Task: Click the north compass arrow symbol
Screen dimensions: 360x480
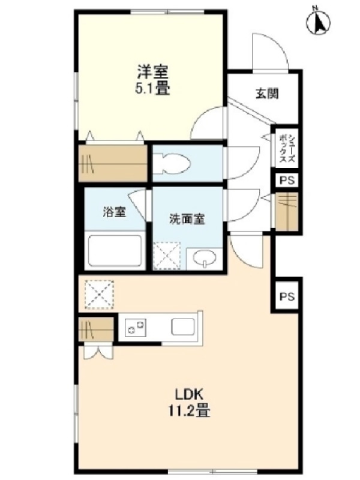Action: pyautogui.click(x=319, y=21)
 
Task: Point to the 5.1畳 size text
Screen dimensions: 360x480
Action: pyautogui.click(x=152, y=88)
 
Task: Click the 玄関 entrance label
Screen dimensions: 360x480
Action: pyautogui.click(x=267, y=94)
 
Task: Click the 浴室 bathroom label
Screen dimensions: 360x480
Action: pyautogui.click(x=114, y=212)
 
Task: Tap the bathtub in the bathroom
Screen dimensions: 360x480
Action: pyautogui.click(x=115, y=250)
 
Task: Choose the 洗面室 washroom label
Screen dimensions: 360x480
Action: pyautogui.click(x=187, y=219)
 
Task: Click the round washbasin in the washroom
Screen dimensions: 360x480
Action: pyautogui.click(x=205, y=258)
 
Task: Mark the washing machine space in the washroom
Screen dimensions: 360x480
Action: pyautogui.click(x=167, y=256)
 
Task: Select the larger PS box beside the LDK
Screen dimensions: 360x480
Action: pyautogui.click(x=287, y=296)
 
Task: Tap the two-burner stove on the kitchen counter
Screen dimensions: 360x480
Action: pyautogui.click(x=136, y=328)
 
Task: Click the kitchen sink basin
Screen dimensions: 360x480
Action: pyautogui.click(x=183, y=326)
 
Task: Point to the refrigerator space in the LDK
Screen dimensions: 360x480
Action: pyautogui.click(x=99, y=294)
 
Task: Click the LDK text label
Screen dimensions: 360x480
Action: pyautogui.click(x=189, y=394)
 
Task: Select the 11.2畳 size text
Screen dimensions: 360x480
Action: pyautogui.click(x=189, y=410)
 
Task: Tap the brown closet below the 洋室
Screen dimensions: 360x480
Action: pyautogui.click(x=113, y=163)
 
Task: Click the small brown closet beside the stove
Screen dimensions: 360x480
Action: pyautogui.click(x=96, y=329)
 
